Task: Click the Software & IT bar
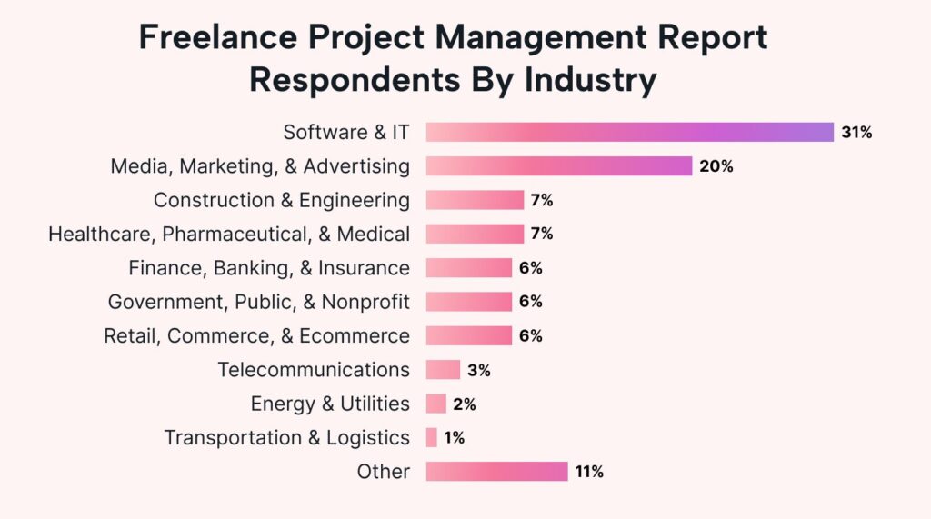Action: tap(629, 132)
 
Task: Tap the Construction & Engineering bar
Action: tap(475, 200)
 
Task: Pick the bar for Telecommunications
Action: tap(443, 370)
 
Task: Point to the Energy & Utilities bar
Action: tap(436, 404)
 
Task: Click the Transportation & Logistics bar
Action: tap(432, 438)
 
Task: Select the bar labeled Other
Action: tap(496, 472)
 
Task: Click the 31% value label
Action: tap(856, 133)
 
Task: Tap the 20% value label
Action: tap(716, 166)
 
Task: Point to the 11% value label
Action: tap(588, 472)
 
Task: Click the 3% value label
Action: tap(478, 370)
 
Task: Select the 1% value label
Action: tap(455, 438)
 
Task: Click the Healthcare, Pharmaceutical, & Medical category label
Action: tap(229, 235)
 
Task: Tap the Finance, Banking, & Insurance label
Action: tap(269, 268)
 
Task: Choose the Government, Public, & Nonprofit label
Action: tap(258, 302)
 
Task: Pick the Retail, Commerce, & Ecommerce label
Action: tap(256, 336)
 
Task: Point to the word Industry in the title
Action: tap(589, 80)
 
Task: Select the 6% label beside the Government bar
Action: tap(530, 302)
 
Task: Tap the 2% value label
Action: tap(465, 404)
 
